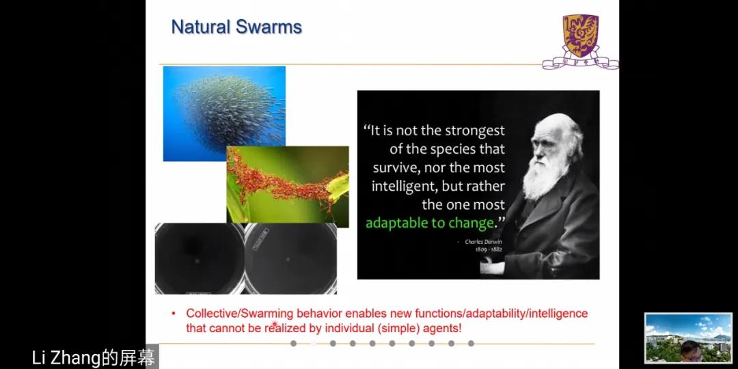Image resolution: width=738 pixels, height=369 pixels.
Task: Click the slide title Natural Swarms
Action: [236, 27]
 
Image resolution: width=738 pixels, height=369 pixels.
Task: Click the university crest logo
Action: [580, 42]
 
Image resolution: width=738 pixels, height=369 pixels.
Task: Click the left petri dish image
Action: [200, 258]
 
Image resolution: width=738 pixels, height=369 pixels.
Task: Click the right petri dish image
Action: [290, 258]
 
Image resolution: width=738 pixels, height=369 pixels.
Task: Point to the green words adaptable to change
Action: [430, 223]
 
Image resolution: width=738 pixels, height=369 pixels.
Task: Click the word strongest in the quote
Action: [474, 131]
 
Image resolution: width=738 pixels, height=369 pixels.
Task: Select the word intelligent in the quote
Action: [405, 187]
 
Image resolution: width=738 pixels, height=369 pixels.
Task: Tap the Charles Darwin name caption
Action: [483, 241]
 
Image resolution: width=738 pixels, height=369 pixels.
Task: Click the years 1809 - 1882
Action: [489, 249]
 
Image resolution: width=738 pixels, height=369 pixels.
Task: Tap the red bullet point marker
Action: [173, 313]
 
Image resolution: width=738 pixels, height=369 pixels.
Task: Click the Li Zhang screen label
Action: [93, 358]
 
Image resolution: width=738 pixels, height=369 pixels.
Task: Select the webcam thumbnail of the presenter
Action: [688, 338]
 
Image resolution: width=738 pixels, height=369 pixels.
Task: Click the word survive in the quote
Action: [392, 168]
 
